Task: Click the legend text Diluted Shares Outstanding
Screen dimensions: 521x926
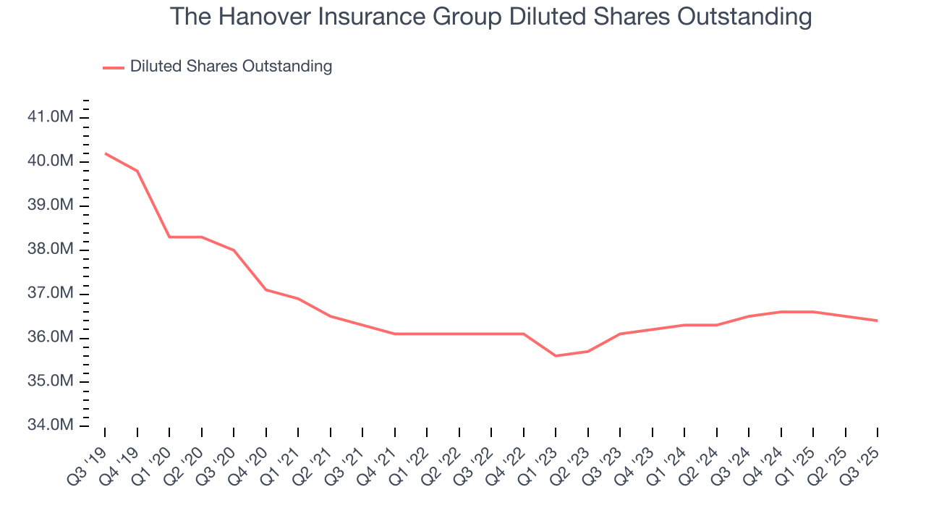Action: [x=231, y=67]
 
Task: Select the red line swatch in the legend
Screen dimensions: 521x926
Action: [x=114, y=67]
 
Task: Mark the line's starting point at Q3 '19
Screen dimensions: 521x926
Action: [x=105, y=153]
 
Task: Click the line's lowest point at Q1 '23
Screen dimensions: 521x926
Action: [x=556, y=356]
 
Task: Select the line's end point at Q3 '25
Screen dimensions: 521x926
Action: [x=878, y=321]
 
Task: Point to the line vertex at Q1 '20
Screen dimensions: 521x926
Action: [x=169, y=237]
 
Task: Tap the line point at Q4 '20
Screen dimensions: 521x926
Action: [x=266, y=289]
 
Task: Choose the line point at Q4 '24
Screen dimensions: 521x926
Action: [x=781, y=312]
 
